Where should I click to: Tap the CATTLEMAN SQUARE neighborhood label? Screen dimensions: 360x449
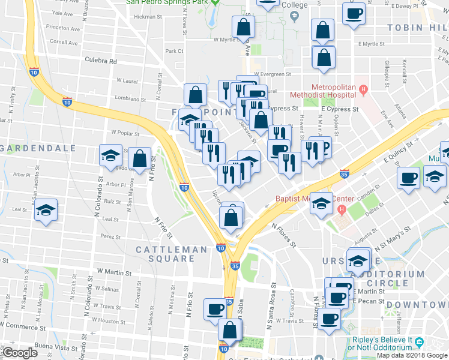pyautogui.click(x=165, y=254)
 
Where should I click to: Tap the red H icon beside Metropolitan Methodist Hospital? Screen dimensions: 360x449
pyautogui.click(x=363, y=91)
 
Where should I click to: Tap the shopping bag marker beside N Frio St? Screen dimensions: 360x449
pyautogui.click(x=139, y=159)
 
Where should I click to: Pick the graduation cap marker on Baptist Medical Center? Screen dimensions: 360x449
pyautogui.click(x=322, y=204)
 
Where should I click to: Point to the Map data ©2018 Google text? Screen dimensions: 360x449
pyautogui.click(x=412, y=355)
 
